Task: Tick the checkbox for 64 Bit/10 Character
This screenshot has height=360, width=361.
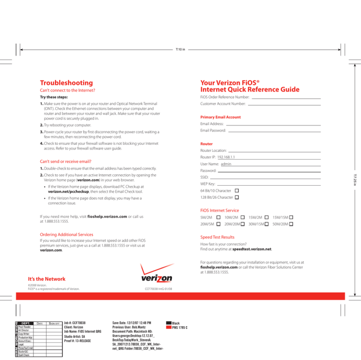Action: click(236, 191)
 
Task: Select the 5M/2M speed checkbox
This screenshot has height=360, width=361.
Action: click(218, 217)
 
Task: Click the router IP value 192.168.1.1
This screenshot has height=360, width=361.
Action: click(226, 157)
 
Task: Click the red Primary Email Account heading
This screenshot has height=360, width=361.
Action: click(220, 117)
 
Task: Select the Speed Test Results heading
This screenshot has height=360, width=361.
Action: click(217, 237)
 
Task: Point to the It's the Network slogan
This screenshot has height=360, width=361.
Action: click(47, 279)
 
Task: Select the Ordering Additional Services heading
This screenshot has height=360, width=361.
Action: click(67, 234)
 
